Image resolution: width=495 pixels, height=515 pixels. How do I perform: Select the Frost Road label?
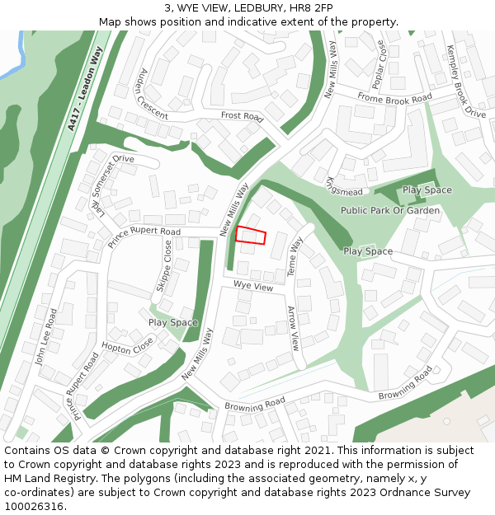click(242, 117)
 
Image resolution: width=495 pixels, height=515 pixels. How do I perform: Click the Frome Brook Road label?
click(394, 98)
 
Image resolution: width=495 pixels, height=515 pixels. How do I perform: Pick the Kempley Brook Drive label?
click(465, 82)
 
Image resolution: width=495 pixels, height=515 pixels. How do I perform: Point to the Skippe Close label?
click(164, 265)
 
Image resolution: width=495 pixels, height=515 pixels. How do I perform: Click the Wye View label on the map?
click(252, 287)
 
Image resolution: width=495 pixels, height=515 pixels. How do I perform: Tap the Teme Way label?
click(295, 255)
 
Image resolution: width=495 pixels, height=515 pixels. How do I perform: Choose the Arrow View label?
click(293, 328)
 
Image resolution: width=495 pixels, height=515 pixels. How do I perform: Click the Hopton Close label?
click(127, 345)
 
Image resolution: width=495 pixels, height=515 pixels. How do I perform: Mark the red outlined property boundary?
click(251, 235)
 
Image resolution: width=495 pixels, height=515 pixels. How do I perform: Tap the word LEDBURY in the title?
click(250, 8)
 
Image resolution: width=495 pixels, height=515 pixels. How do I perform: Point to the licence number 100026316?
click(35, 507)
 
